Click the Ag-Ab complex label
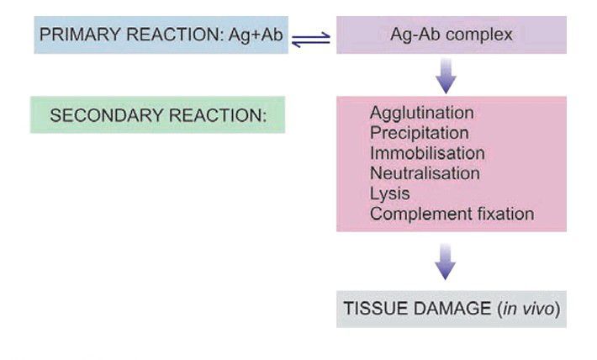[x=451, y=36]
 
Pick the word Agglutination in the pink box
[x=421, y=113]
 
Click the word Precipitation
[x=419, y=133]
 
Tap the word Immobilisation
[x=427, y=153]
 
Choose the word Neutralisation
[x=425, y=173]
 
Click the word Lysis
[x=389, y=193]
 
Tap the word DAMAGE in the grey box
[x=445, y=309]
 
